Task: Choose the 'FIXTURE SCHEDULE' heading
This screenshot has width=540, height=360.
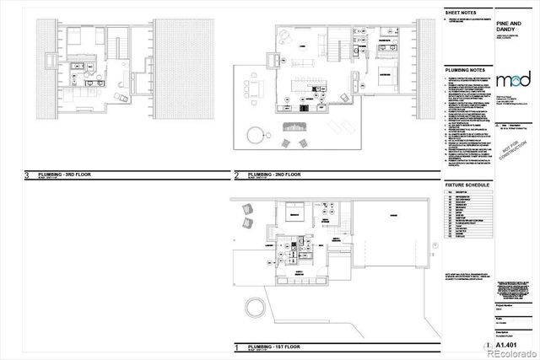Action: [468, 183]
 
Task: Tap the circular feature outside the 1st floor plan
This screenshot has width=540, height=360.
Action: [252, 307]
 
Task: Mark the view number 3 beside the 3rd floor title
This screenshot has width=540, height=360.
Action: [28, 176]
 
